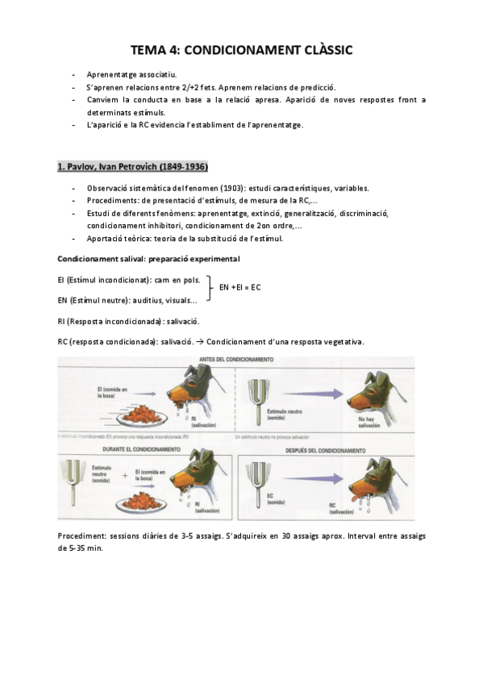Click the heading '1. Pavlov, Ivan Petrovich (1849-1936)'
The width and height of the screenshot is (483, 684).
(132, 167)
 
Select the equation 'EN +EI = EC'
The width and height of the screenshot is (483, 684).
(240, 287)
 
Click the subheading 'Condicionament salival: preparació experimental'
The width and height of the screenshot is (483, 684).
(148, 259)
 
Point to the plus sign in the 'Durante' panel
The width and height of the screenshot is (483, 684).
(123, 475)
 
